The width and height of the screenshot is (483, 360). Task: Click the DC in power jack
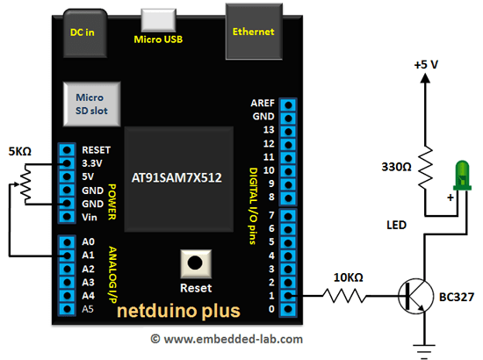click(x=85, y=33)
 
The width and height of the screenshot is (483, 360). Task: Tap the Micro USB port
click(x=158, y=20)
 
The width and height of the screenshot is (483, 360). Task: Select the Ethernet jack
click(x=254, y=32)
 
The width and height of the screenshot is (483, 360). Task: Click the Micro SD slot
click(x=92, y=104)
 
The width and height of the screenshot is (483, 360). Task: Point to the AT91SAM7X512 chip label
click(x=177, y=177)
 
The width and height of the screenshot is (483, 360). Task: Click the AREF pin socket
click(x=288, y=105)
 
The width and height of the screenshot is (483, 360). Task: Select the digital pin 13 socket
click(x=288, y=132)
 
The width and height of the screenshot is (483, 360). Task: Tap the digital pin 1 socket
click(x=288, y=296)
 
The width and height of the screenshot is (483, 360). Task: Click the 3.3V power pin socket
click(x=67, y=163)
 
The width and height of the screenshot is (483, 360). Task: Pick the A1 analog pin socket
click(x=67, y=256)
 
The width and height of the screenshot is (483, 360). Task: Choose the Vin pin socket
click(x=67, y=217)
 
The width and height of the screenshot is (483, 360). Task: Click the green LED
click(x=462, y=176)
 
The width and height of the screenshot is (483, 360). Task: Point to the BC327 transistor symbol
click(x=415, y=296)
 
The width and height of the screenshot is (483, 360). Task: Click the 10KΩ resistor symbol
click(x=344, y=296)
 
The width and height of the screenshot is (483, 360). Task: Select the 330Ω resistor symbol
click(x=425, y=168)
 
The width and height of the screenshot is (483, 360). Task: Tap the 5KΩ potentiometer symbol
click(x=25, y=184)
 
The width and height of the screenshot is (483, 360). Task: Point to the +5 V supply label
click(x=426, y=65)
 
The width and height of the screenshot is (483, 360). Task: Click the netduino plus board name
click(x=178, y=311)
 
